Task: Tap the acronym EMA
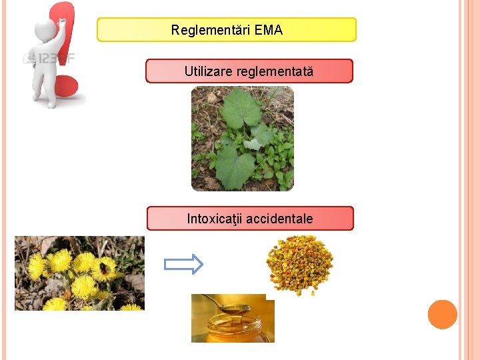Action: click(269, 30)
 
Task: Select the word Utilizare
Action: click(208, 71)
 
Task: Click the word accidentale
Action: click(279, 219)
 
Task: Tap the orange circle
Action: click(442, 315)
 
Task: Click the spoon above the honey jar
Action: click(227, 306)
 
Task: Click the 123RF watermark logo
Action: click(50, 58)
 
